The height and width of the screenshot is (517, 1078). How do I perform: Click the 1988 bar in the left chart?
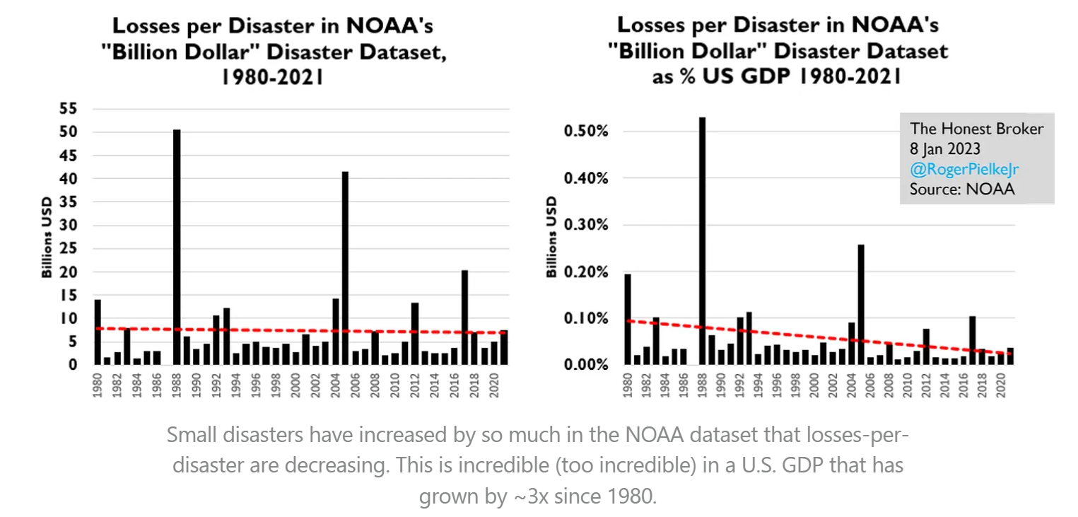pyautogui.click(x=177, y=247)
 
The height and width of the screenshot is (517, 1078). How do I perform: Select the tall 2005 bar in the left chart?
pyautogui.click(x=345, y=268)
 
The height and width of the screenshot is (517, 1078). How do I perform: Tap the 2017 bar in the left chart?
pyautogui.click(x=464, y=318)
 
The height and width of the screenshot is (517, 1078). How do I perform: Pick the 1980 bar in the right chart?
pyautogui.click(x=628, y=319)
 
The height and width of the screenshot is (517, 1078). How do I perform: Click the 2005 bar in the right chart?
pyautogui.click(x=861, y=304)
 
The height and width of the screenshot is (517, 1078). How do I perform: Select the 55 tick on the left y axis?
pyautogui.click(x=69, y=109)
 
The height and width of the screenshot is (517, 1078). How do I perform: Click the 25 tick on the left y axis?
pyautogui.click(x=69, y=249)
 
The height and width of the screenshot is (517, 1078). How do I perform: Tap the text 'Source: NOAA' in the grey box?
pyautogui.click(x=962, y=189)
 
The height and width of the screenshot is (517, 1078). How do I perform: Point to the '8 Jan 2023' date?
pyautogui.click(x=945, y=149)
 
